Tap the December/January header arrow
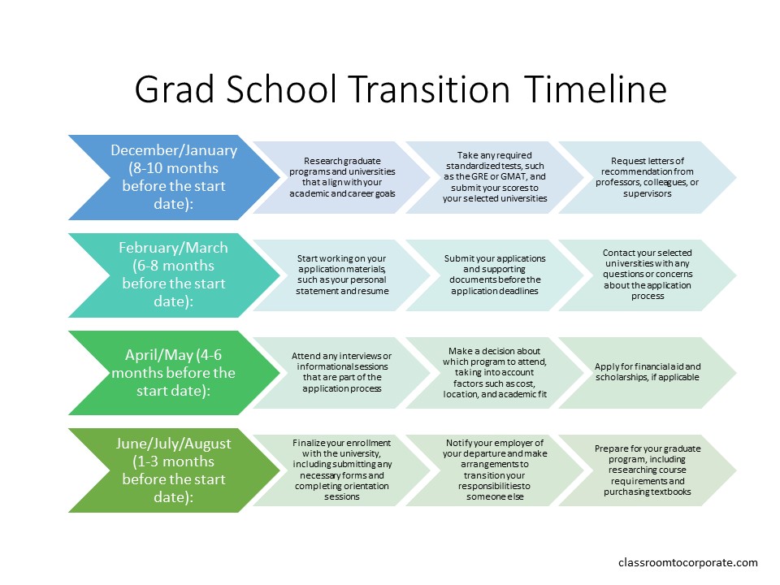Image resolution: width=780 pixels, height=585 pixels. [x=174, y=177]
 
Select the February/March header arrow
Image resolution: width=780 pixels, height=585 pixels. [x=174, y=275]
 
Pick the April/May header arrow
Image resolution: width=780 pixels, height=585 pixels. [x=174, y=373]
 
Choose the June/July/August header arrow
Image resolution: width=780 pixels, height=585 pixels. [x=174, y=470]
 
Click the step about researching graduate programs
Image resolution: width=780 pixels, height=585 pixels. [x=342, y=177]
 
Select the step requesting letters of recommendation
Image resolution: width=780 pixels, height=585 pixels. [x=648, y=177]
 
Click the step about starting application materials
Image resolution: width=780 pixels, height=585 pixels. [x=342, y=275]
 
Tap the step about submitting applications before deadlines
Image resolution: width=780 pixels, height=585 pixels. [x=495, y=275]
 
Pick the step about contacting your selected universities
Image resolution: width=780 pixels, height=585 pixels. [x=648, y=275]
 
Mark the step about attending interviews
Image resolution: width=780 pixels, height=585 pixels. [x=342, y=373]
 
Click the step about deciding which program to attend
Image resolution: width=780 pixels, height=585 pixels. [x=495, y=373]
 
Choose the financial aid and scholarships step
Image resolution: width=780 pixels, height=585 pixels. [x=648, y=373]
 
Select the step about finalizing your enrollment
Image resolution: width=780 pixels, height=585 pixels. [x=342, y=470]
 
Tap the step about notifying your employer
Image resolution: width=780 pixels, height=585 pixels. [x=495, y=470]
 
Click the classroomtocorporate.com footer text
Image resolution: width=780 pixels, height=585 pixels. [x=688, y=562]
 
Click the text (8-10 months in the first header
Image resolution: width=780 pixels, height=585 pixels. [x=174, y=168]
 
